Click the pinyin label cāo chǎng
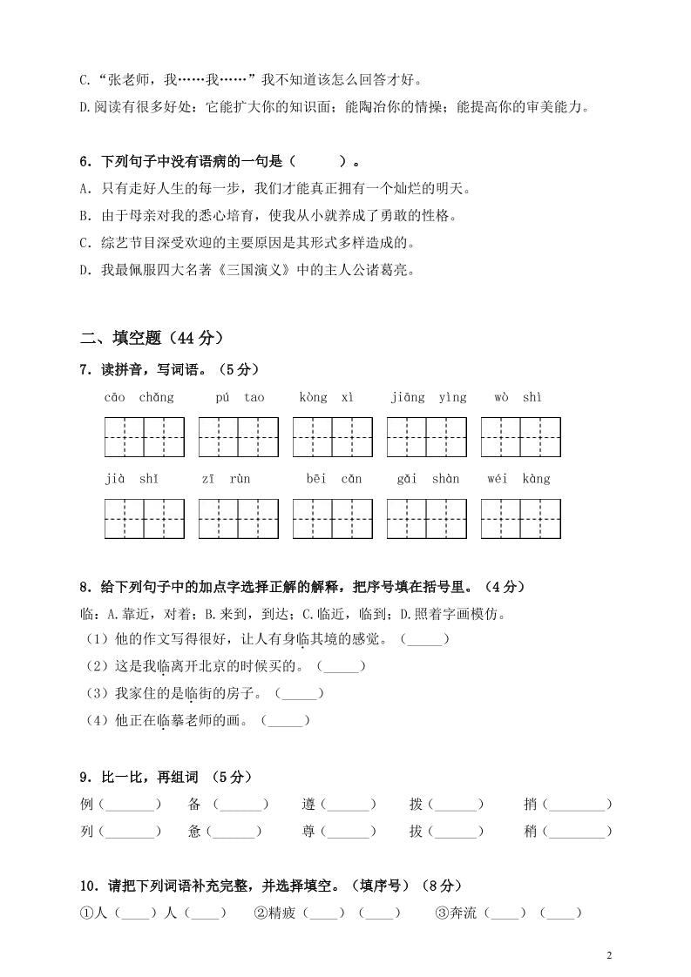tap(139, 398)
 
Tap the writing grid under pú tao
tap(239, 437)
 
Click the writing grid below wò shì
tap(521, 437)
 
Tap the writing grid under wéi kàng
tap(521, 519)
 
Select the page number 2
tap(610, 955)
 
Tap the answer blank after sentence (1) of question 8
tap(424, 640)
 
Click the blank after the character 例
tap(128, 805)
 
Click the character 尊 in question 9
tap(308, 832)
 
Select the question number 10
tap(88, 886)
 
